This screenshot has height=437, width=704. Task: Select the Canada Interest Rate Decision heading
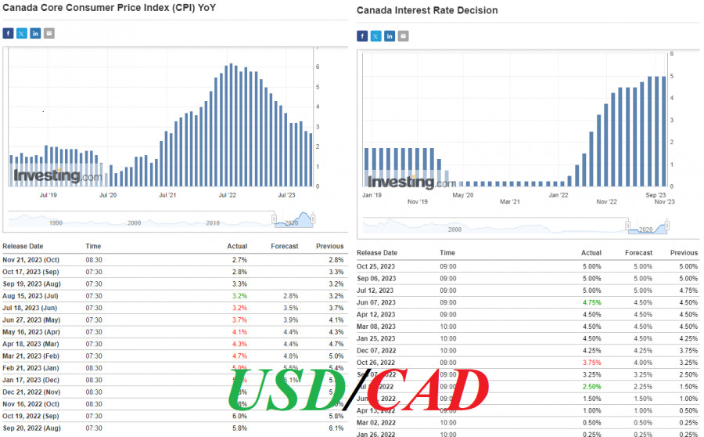coord(427,10)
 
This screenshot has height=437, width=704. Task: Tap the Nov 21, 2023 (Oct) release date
coord(31,259)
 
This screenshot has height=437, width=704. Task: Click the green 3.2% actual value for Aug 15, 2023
coord(239,297)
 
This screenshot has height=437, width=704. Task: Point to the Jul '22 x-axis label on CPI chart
coord(228,195)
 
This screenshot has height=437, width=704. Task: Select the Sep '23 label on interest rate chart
coord(656,193)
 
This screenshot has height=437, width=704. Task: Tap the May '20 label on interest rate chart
coord(463,193)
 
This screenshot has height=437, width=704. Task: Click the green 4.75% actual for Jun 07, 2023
coord(591,302)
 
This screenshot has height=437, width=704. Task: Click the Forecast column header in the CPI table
coord(285,246)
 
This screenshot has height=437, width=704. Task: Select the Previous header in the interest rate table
coord(684,253)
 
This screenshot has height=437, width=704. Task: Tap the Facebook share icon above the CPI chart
coord(8,34)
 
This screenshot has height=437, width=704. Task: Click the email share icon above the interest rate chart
coord(403,36)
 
